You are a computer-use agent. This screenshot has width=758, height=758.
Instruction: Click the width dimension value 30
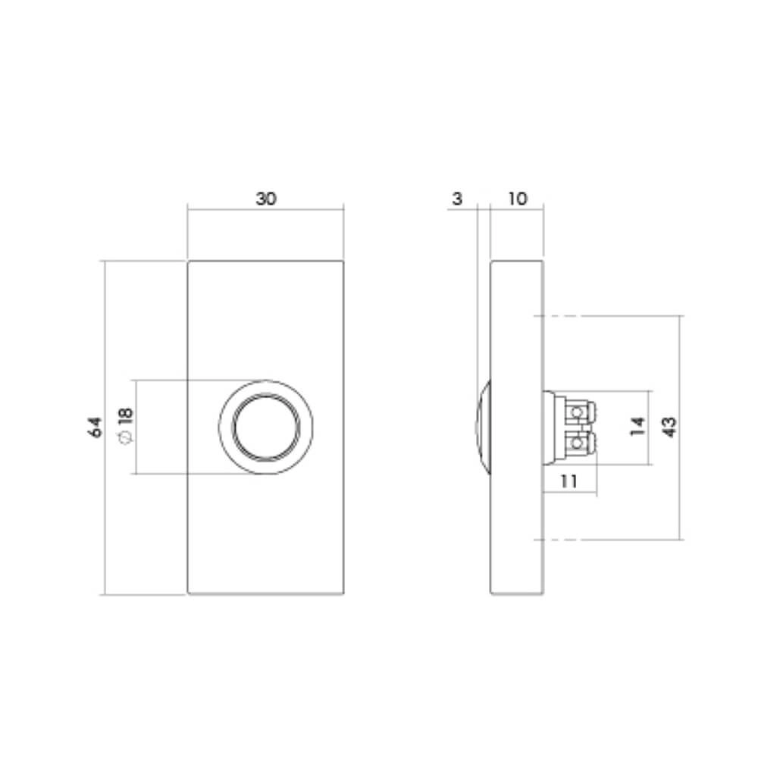coord(266,199)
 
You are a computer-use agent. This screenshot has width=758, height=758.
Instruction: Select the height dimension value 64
coord(95,427)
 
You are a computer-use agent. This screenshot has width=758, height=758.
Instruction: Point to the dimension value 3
coord(456,199)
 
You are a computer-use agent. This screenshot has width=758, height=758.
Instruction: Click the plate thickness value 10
coord(517,199)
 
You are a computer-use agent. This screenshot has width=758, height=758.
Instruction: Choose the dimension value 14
coord(637,427)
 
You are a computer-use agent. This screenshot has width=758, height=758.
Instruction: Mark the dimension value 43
coord(669,427)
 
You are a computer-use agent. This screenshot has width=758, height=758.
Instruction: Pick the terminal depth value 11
coord(569,481)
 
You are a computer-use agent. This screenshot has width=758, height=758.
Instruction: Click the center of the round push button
coord(265,427)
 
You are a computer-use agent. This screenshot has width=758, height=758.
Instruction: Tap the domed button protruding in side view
coord(483,427)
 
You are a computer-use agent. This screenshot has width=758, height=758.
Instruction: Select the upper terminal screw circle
coord(580,412)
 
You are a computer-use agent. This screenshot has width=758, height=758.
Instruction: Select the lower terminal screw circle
coord(580,441)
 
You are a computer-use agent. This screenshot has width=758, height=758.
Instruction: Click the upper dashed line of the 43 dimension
coord(561,315)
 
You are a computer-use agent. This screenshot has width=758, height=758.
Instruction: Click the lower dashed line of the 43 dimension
coord(561,539)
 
